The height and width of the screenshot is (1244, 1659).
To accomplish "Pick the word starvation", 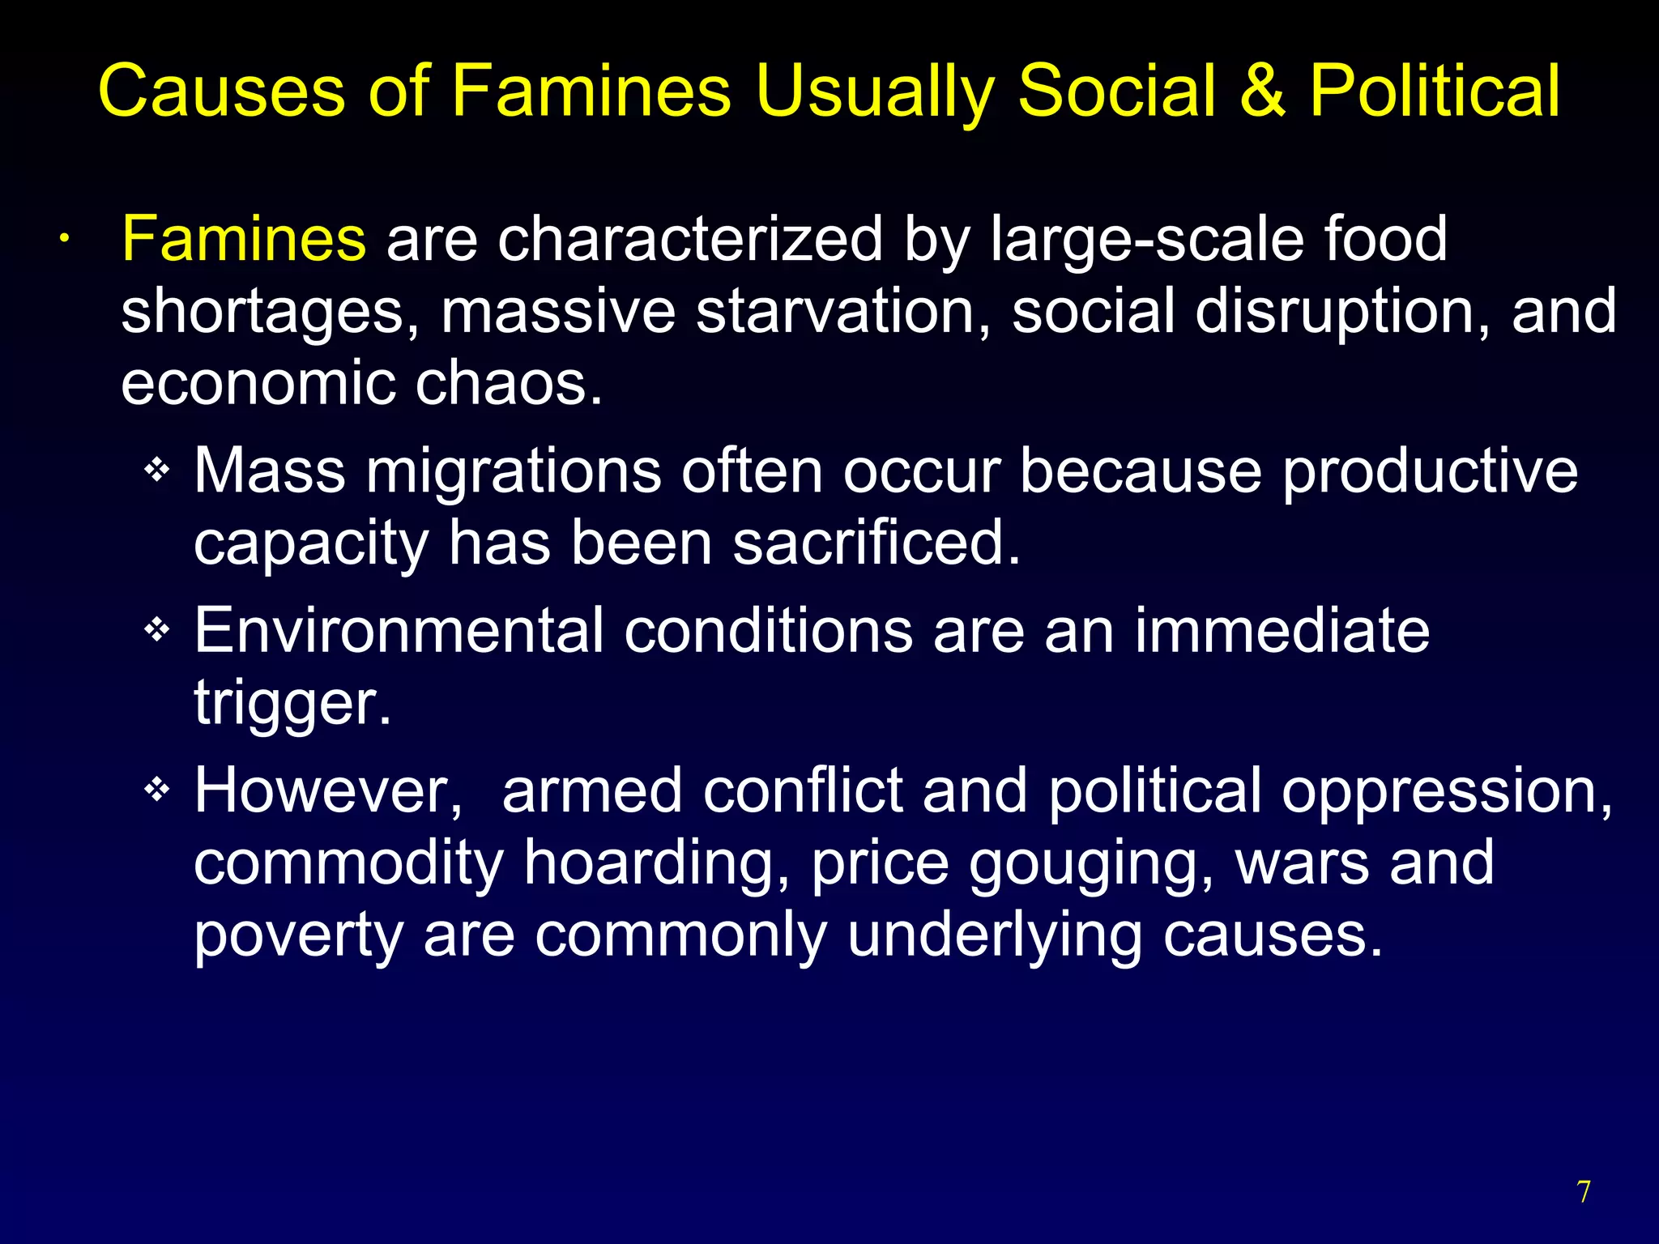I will pos(842,311).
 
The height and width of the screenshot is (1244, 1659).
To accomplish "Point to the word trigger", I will pos(292,703).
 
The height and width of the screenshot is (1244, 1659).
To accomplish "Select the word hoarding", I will pos(656,863).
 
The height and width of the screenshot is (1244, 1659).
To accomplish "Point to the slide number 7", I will pos(1584,1192).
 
